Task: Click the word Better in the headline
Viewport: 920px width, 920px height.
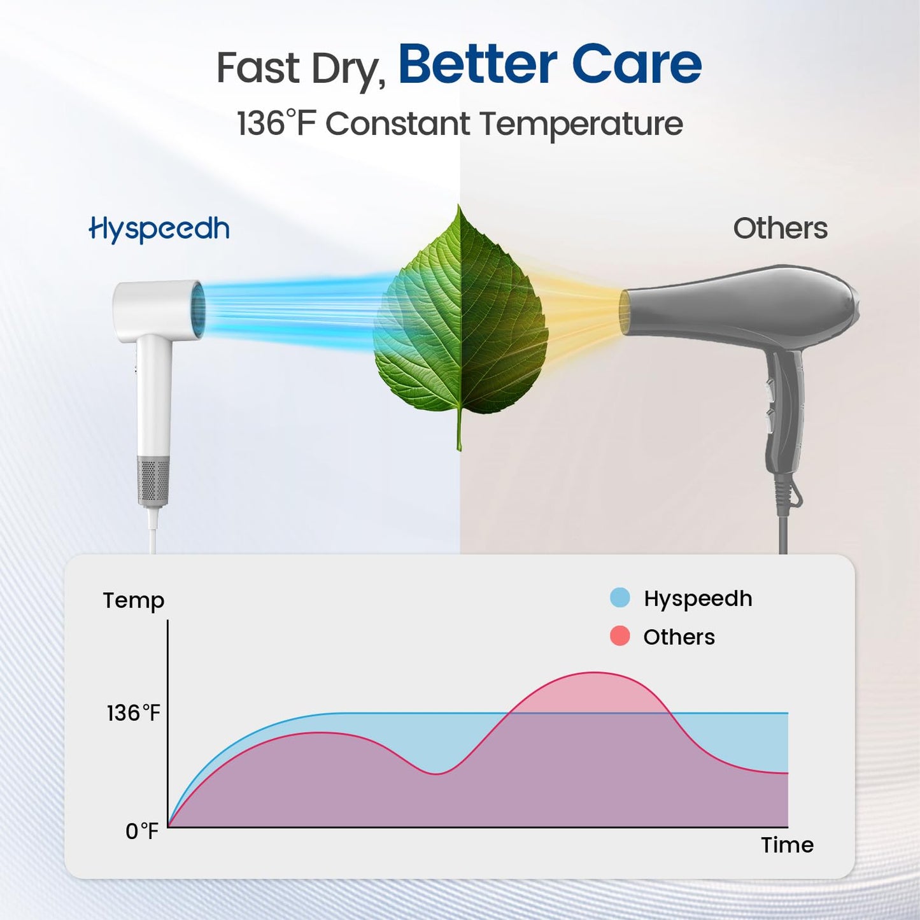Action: click(478, 65)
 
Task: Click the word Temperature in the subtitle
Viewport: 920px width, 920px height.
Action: click(581, 124)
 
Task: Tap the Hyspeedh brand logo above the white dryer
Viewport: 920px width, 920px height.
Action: click(159, 229)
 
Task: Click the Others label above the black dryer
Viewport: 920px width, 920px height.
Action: click(780, 229)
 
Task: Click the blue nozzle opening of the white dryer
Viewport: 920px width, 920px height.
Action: click(199, 311)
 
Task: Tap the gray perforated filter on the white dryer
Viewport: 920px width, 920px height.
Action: click(153, 481)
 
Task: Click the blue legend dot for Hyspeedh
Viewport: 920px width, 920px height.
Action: click(619, 598)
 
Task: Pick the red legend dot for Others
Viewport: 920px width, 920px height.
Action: click(619, 636)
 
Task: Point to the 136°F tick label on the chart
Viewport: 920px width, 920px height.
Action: click(133, 713)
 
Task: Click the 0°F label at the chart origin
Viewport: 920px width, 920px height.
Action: click(141, 831)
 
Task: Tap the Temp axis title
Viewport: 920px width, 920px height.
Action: click(134, 600)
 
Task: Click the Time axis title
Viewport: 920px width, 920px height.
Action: click(787, 845)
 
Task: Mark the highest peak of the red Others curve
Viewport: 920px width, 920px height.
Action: click(593, 673)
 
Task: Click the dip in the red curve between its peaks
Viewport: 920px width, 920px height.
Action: click(435, 774)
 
